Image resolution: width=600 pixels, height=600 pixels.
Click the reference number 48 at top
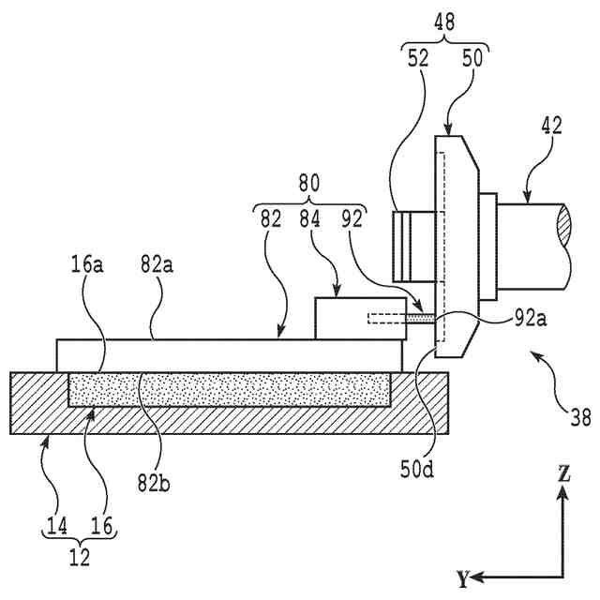pyautogui.click(x=444, y=22)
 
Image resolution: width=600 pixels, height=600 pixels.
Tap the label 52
pyautogui.click(x=418, y=58)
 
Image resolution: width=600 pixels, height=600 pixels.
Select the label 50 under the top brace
pyautogui.click(x=472, y=58)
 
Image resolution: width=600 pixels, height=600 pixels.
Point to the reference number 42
pyautogui.click(x=552, y=126)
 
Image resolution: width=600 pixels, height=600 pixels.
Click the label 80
pyautogui.click(x=308, y=184)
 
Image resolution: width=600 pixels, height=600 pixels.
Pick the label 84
pyautogui.click(x=309, y=219)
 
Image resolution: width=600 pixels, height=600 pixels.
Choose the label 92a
pyautogui.click(x=531, y=319)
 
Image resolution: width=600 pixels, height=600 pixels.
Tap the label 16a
pyautogui.click(x=87, y=264)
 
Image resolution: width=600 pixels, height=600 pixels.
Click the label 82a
pyautogui.click(x=157, y=264)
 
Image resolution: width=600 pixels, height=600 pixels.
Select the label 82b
pyautogui.click(x=154, y=484)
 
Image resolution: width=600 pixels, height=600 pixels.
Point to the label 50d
pyautogui.click(x=417, y=470)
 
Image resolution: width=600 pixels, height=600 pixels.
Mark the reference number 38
pyautogui.click(x=580, y=417)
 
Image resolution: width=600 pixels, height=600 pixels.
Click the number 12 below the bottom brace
pyautogui.click(x=80, y=557)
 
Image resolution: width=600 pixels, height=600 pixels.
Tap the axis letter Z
pyautogui.click(x=563, y=473)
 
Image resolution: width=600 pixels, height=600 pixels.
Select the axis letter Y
pyautogui.click(x=463, y=578)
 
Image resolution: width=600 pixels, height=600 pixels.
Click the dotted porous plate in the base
pyautogui.click(x=230, y=390)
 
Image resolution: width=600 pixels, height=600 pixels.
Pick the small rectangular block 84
pyautogui.click(x=360, y=319)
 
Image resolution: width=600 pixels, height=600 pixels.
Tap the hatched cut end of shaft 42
pyautogui.click(x=563, y=225)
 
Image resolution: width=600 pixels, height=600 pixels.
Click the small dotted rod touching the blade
pyautogui.click(x=420, y=319)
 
